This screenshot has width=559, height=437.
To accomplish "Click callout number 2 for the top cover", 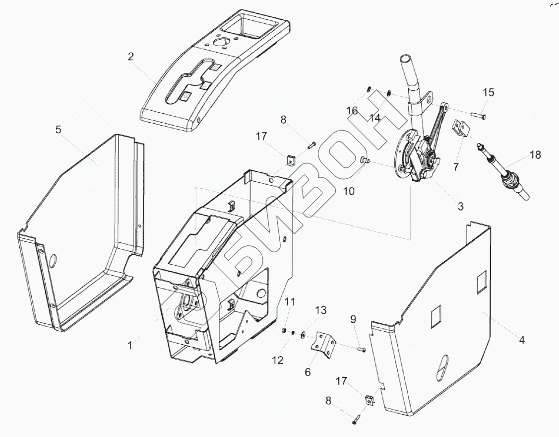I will pos(130,56).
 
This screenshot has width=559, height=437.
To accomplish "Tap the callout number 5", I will pos(59,130).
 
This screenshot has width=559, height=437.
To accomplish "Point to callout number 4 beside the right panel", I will pos(522,340).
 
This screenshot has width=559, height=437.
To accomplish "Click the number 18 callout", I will pos(535,155).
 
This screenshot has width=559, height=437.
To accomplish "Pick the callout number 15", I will pos(489,92).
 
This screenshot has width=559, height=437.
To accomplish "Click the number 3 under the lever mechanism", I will pos(461,205).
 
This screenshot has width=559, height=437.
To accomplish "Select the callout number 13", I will pos(321,310).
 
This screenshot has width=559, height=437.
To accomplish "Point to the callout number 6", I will pos(308,372).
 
